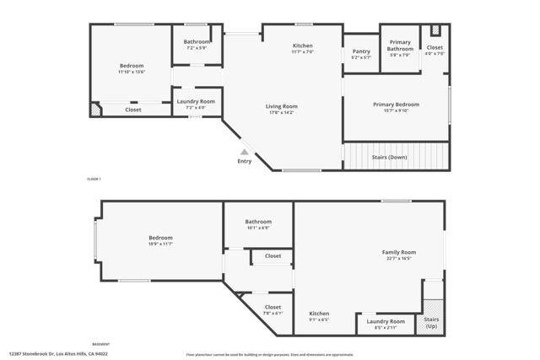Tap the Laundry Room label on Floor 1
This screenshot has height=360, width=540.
coord(196,101)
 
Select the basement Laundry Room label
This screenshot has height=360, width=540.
coord(385,321)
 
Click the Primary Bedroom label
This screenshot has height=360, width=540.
coord(396,104)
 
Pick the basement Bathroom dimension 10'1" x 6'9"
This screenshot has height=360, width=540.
coord(258,228)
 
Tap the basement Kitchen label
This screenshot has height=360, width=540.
coord(319,314)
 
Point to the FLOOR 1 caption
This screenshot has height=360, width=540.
coord(94,179)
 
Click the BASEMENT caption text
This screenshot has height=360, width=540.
coord(100,344)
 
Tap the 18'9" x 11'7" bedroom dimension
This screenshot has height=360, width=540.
coord(160,244)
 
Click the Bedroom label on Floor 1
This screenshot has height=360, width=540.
coord(131,66)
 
